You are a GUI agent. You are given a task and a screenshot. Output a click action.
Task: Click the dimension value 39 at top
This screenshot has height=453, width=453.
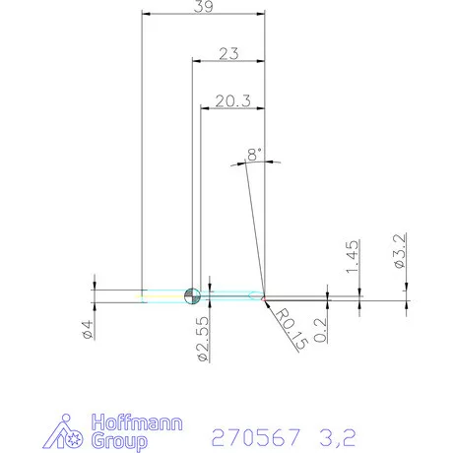click(x=204, y=8)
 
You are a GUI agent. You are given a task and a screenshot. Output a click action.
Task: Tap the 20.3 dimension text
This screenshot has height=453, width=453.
click(x=233, y=99)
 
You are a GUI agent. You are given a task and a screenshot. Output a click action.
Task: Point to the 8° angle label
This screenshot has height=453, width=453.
click(x=255, y=155)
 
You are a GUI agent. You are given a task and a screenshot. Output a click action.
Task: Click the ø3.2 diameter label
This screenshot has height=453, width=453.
click(x=400, y=251)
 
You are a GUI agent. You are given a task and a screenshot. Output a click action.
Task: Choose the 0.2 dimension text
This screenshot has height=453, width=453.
click(x=322, y=327)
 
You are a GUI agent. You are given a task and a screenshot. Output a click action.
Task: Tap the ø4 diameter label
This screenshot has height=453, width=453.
click(x=89, y=329)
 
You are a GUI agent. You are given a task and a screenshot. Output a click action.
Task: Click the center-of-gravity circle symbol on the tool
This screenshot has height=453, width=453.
click(x=192, y=293)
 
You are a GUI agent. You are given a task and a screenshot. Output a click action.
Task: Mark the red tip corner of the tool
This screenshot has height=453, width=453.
click(x=265, y=294)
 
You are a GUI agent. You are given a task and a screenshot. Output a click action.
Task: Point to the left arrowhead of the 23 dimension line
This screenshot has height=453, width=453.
click(x=193, y=61)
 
